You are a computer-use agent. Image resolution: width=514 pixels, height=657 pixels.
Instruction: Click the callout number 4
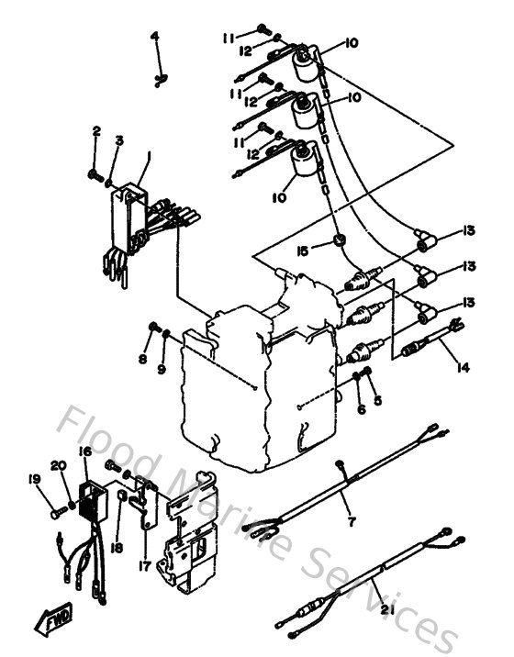155,36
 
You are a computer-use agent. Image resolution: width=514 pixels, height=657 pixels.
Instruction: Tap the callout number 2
95,133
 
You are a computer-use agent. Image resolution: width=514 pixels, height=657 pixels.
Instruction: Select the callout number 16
84,451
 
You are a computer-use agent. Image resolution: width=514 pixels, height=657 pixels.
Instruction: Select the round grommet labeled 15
340,240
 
